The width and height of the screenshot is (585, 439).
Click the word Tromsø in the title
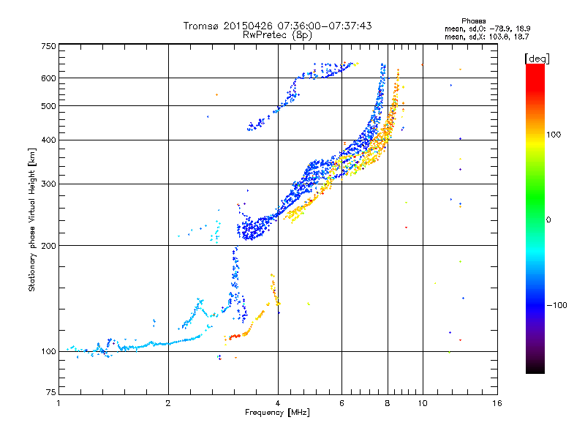[201, 26]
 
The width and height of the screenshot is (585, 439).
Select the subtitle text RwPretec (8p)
[277, 35]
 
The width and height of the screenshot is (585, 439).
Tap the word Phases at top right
[473, 21]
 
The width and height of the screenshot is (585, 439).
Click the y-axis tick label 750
[49, 46]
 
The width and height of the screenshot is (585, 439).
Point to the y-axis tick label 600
[49, 78]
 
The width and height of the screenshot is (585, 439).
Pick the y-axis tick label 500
[49, 106]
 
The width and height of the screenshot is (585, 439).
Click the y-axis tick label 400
[49, 140]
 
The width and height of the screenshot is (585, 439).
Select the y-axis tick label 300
[49, 184]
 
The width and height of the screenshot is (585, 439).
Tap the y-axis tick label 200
[49, 246]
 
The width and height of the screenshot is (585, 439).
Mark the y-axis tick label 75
[51, 392]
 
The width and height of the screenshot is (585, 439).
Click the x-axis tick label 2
[168, 403]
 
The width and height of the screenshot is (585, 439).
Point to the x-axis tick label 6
[341, 403]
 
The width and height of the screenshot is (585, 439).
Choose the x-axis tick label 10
[423, 403]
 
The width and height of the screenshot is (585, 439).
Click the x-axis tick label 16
[497, 403]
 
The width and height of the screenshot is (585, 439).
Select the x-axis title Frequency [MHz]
[277, 413]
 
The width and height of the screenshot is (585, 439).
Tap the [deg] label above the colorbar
[537, 59]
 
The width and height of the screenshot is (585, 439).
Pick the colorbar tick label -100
[557, 305]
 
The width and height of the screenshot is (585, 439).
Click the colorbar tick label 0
[548, 220]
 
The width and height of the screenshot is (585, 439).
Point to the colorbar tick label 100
[554, 135]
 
